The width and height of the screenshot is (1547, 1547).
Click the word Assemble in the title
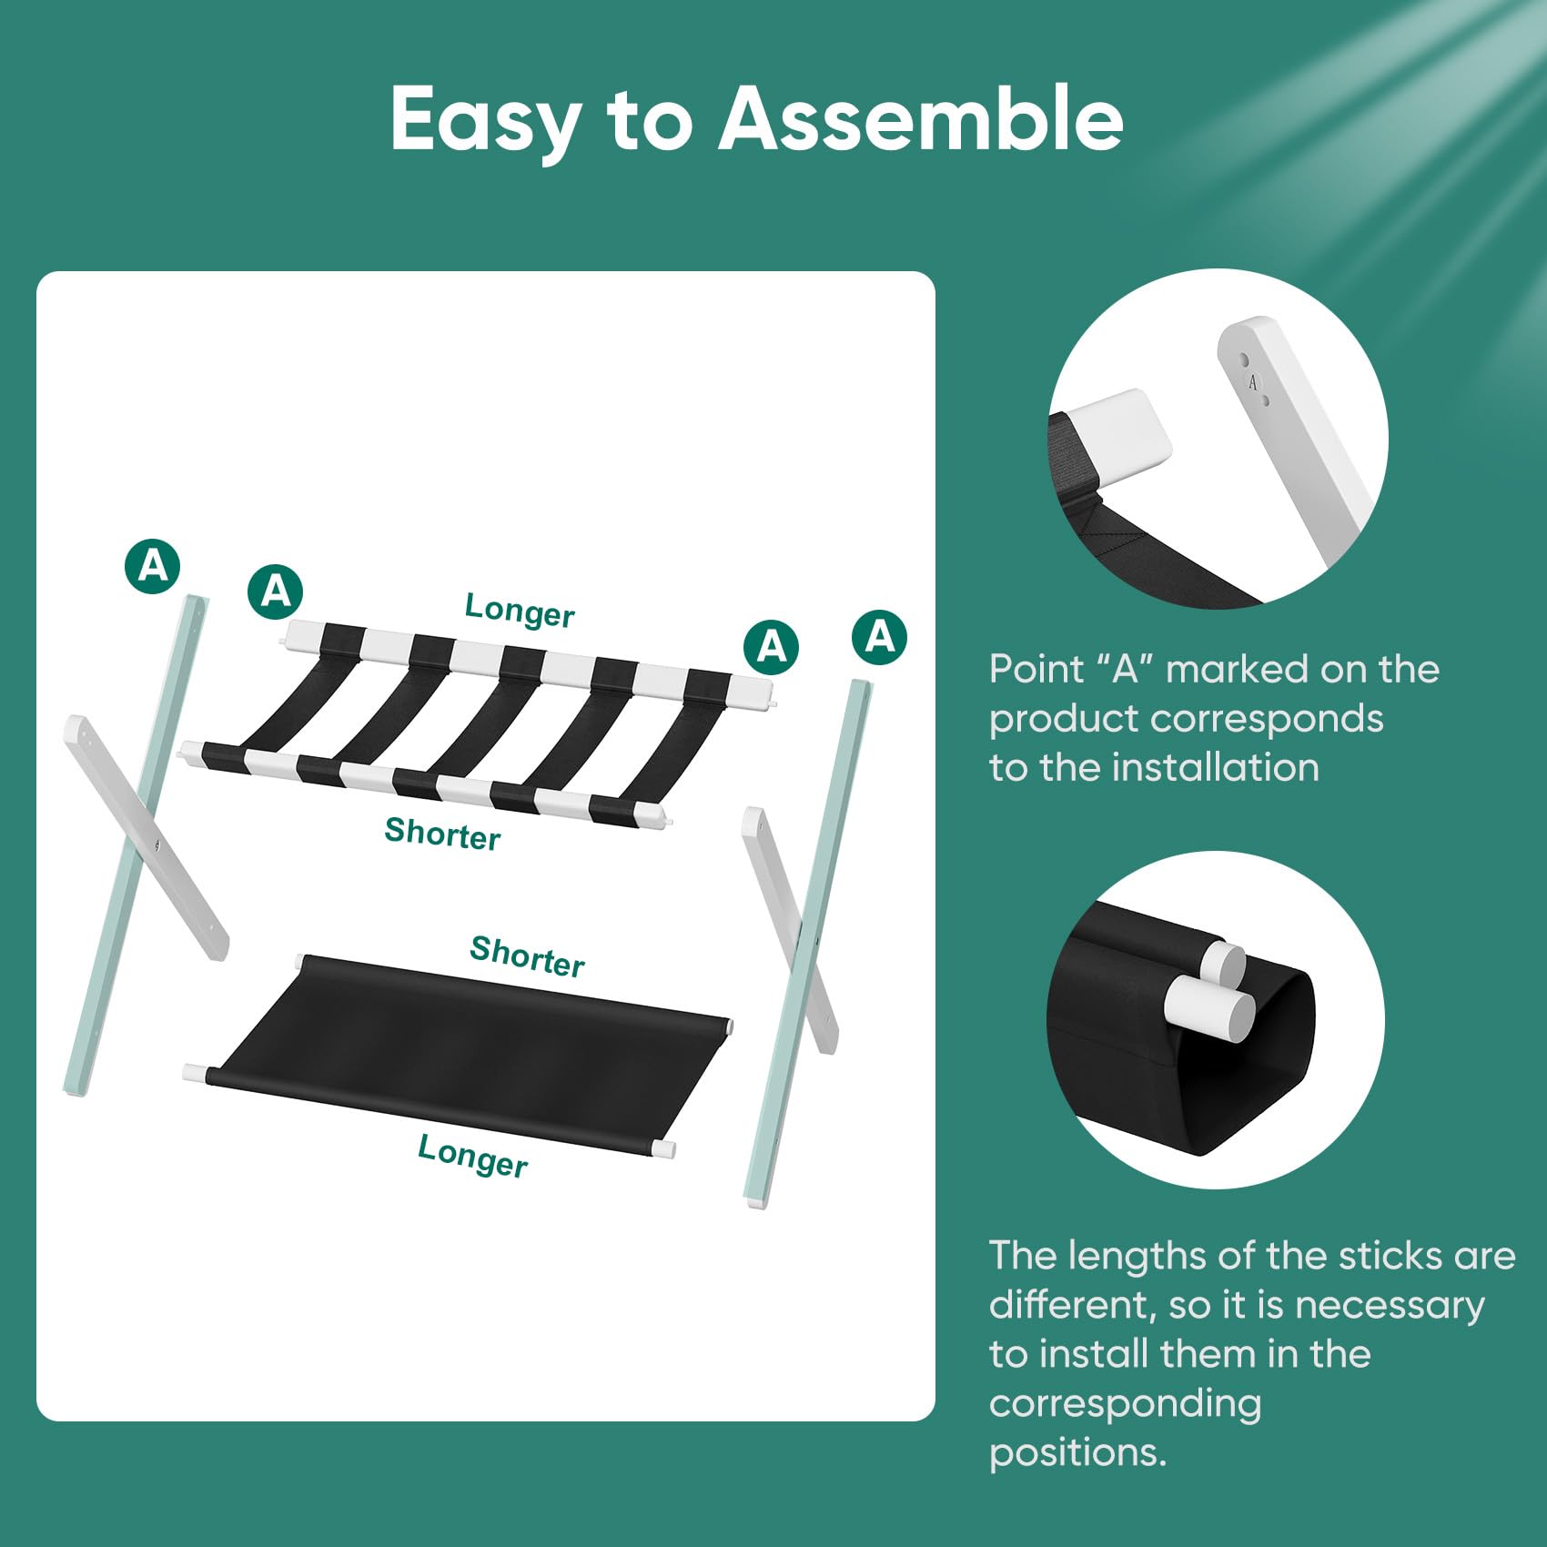tap(922, 118)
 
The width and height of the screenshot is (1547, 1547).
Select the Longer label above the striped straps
tap(520, 610)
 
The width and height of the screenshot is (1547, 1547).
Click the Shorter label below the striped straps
tap(442, 834)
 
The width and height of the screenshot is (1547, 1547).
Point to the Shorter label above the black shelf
tap(527, 956)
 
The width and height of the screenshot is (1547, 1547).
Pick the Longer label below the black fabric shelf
tap(472, 1156)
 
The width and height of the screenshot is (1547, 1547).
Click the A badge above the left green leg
tap(152, 566)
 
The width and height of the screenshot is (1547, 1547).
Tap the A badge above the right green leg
tap(880, 636)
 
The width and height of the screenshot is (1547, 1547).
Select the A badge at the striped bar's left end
tap(275, 591)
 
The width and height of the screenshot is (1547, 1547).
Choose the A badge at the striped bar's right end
tap(772, 647)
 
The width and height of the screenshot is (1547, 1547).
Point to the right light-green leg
tap(808, 944)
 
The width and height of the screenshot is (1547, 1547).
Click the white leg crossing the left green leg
tap(147, 838)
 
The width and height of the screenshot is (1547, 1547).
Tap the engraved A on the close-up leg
tap(1253, 382)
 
